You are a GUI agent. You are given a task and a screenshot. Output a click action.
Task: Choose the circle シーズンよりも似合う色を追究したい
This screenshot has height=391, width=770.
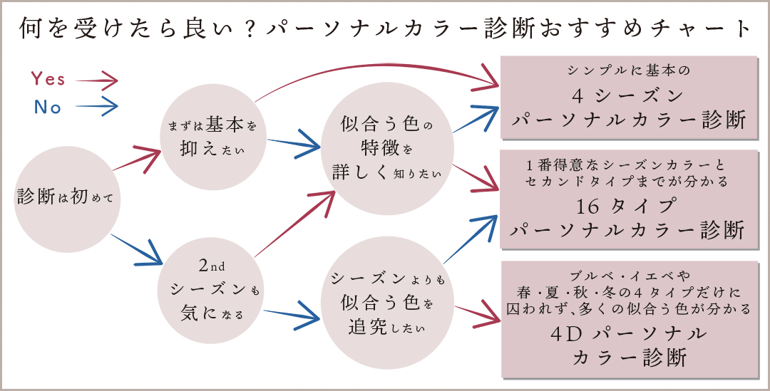(387, 304)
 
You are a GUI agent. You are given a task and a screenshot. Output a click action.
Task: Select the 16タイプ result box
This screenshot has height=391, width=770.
(627, 199)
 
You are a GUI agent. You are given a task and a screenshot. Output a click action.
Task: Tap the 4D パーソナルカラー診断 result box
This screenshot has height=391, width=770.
(627, 319)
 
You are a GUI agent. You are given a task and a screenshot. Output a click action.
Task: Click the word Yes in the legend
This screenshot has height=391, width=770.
(48, 79)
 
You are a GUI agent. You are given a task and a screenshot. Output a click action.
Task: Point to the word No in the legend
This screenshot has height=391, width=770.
(48, 108)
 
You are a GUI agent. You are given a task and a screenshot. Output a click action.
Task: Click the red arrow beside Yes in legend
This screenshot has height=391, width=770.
(96, 79)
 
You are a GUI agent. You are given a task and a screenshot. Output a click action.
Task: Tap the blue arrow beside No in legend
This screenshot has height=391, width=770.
(96, 108)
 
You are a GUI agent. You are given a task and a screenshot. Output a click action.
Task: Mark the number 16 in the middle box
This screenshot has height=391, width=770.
(590, 207)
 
